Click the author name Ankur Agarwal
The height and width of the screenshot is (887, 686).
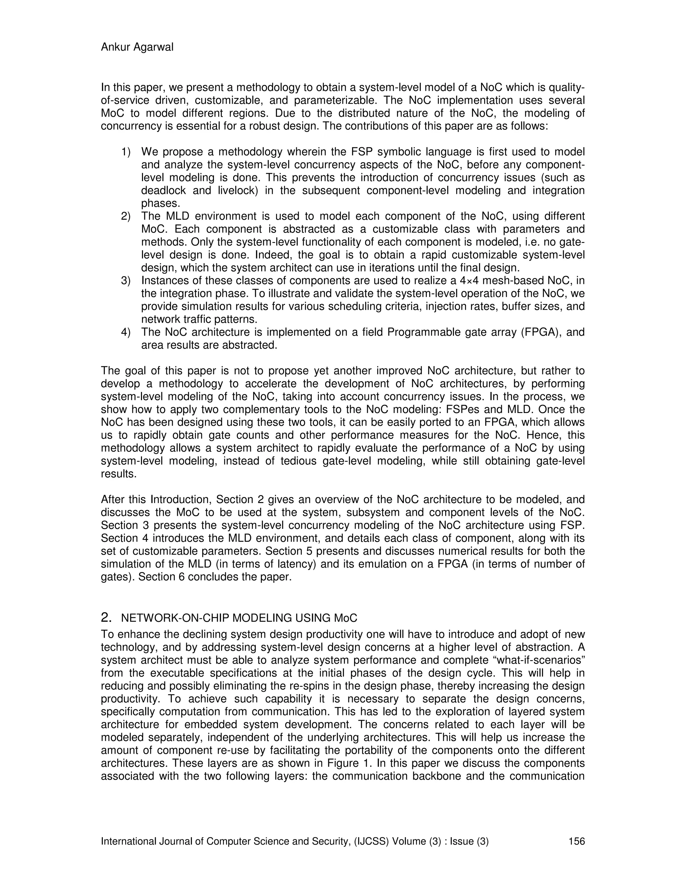[137, 48]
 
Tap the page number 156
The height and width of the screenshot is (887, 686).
[576, 841]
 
